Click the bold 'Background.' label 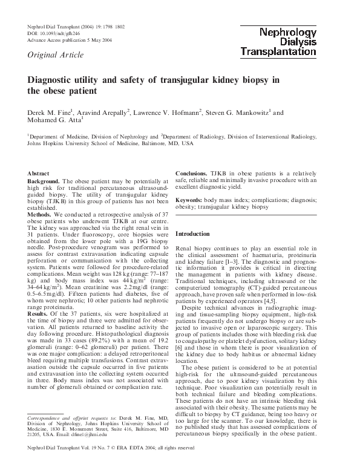44,181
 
